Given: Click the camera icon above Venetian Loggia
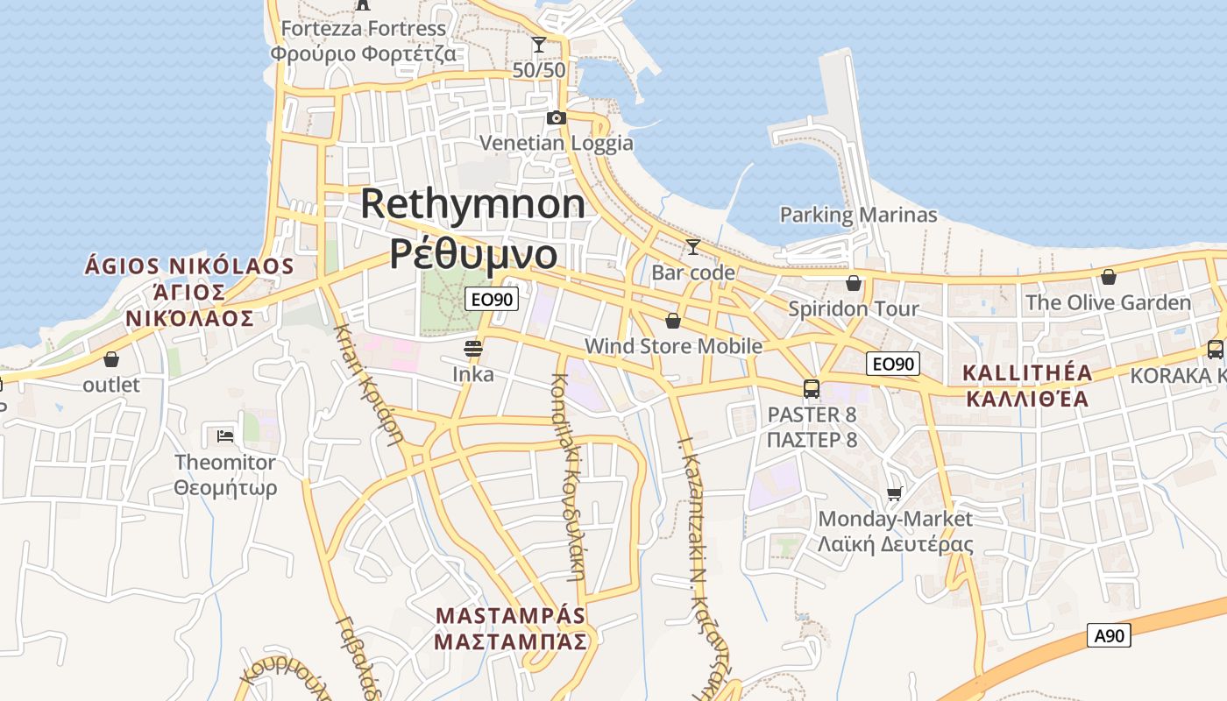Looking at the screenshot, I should point(556,118).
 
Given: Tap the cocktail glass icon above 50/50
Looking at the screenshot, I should point(539,45).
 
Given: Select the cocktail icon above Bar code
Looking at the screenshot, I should point(692,247).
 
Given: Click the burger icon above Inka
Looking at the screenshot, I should point(473,349).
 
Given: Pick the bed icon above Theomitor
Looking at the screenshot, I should point(225,435).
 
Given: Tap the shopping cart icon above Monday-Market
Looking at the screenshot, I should point(894,493).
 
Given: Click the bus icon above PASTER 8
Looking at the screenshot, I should point(812,389).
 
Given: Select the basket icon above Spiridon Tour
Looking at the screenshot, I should point(853,283).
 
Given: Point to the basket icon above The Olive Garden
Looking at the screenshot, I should point(1108,278).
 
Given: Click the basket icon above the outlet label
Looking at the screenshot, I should point(111,359).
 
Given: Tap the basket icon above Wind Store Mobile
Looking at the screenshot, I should point(673,321).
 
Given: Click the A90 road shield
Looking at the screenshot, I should point(1109,635).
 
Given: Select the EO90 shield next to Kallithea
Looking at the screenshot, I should point(893,364).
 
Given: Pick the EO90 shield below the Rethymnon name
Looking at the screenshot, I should point(492,299).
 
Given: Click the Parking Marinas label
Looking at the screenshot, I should point(858,215).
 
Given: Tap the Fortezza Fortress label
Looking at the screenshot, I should point(363,29).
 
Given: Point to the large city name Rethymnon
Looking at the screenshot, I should point(473,204).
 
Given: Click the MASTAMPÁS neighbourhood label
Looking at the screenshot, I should point(510,615).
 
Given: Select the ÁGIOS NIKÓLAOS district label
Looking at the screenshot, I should point(189,266).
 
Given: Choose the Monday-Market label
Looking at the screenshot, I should point(895,519).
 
